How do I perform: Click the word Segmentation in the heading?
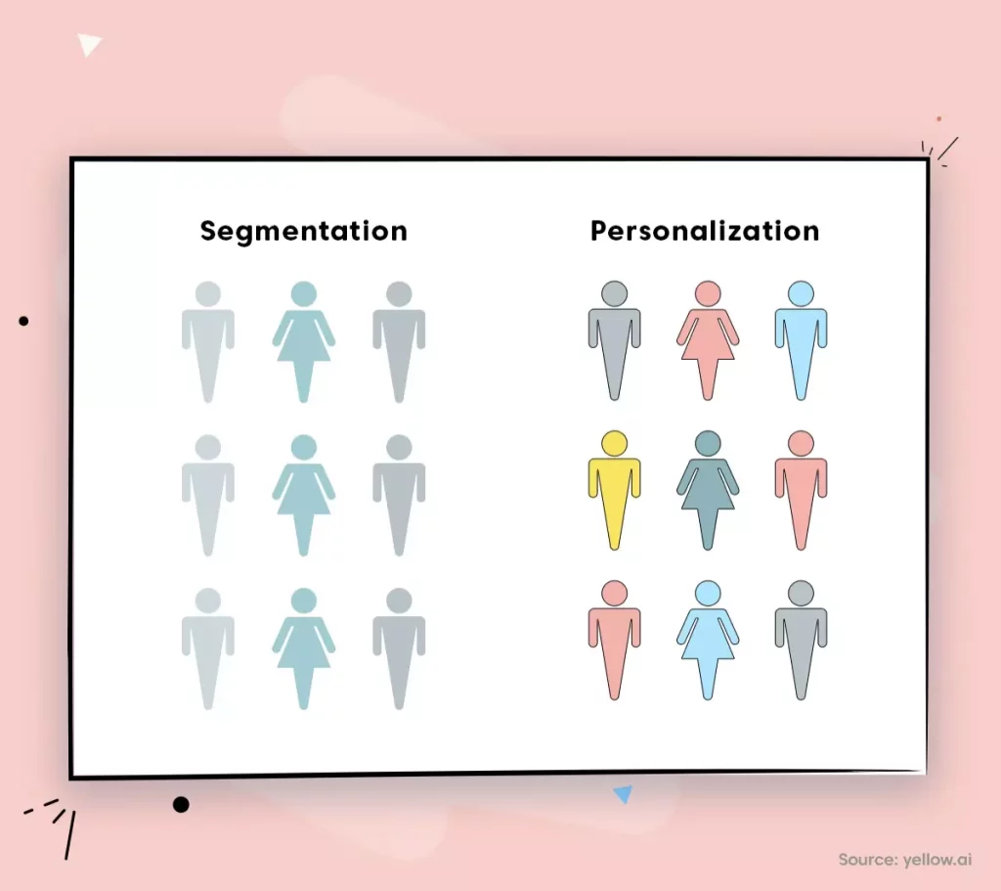303,231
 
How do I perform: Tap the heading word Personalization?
705,231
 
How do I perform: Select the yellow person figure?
614,491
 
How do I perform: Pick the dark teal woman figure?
708,491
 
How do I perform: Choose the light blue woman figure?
708,641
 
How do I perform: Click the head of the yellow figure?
614,443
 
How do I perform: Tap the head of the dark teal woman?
708,443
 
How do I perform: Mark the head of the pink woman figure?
708,293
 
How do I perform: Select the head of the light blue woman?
708,594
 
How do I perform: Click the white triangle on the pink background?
88,45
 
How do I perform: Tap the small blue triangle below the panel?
623,794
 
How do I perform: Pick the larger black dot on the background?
181,804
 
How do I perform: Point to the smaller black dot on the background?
23,321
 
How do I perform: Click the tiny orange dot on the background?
938,118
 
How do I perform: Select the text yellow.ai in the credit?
937,860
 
